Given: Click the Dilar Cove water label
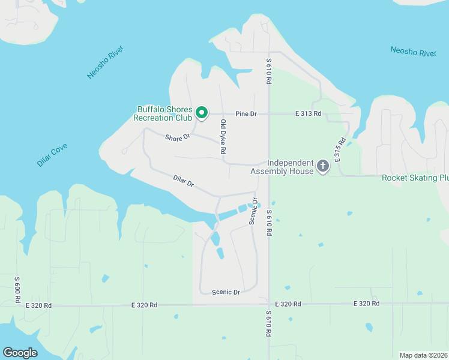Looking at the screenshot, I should tap(52, 155).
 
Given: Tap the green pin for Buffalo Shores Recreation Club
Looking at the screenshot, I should tap(202, 112).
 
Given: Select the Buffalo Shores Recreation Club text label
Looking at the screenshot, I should tap(164, 113).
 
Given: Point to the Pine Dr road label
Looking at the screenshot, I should tap(246, 113).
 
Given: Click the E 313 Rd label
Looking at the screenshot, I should tap(308, 113).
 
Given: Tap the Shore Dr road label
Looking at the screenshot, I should tap(178, 137).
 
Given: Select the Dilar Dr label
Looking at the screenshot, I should tap(184, 180).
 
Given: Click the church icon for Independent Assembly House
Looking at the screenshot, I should tap(323, 166).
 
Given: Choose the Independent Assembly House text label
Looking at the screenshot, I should tap(291, 167).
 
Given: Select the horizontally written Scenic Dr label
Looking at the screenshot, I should tap(226, 292).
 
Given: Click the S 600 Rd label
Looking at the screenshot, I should tap(18, 290).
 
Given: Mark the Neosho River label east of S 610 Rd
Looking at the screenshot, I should tap(413, 52).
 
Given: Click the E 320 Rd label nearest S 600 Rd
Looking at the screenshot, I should tap(38, 305).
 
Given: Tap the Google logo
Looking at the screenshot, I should tap(20, 352).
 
